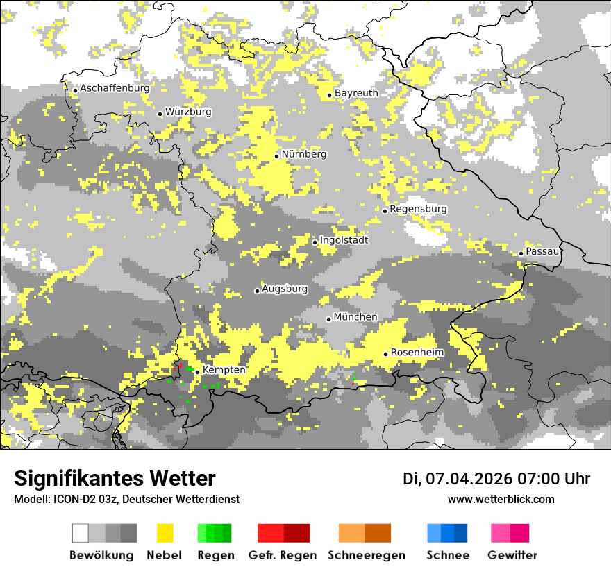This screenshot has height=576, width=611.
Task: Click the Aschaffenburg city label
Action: pos(115,88)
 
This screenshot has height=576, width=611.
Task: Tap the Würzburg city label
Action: pos(188,112)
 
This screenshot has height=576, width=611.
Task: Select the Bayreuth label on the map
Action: pos(356,93)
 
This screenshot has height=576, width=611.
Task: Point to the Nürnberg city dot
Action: pos(276,156)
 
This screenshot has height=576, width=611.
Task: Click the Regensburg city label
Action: pos(418,209)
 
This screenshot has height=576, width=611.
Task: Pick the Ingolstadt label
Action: pos(344,240)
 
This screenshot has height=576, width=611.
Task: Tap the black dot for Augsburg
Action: pos(257,291)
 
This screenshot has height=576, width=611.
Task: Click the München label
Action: pos(355,317)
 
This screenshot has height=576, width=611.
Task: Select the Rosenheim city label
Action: pos(417,353)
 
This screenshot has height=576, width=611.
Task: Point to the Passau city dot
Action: pos(521,253)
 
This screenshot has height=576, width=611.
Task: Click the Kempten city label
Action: pos(224,370)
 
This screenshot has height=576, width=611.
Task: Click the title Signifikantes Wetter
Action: pos(115,479)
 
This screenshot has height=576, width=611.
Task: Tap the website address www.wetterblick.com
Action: pos(501,500)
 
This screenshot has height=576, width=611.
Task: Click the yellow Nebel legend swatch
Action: pos(165,533)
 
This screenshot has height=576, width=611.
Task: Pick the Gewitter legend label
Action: pos(512,555)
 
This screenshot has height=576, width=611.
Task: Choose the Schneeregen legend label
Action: pos(367,555)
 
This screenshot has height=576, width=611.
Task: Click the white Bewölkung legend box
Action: pos(81,533)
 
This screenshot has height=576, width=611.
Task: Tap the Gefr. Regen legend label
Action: pos(283,555)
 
